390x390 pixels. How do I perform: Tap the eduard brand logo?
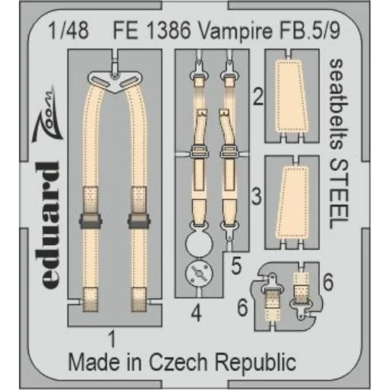pos(47,217)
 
